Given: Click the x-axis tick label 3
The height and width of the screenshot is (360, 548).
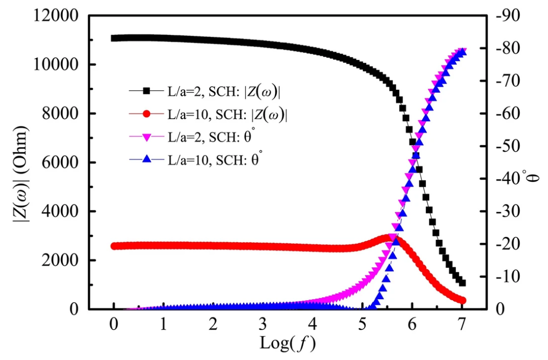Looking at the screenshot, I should click(262, 323).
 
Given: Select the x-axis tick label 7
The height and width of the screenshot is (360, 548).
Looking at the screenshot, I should click(462, 323).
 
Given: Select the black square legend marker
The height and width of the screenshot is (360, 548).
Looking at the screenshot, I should click(147, 91).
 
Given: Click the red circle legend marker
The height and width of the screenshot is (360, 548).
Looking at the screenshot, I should click(147, 114).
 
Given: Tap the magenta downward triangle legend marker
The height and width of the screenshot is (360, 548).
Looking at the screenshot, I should click(147, 137).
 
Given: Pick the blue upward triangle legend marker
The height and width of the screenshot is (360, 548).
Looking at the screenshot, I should click(147, 160).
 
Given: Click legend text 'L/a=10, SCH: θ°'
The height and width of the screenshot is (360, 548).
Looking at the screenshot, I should click(216, 160).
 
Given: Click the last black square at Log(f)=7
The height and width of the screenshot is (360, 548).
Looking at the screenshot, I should click(462, 283).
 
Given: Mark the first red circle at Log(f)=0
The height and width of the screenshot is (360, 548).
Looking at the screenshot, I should click(114, 246).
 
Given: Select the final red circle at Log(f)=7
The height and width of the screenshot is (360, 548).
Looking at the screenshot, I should click(462, 301).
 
